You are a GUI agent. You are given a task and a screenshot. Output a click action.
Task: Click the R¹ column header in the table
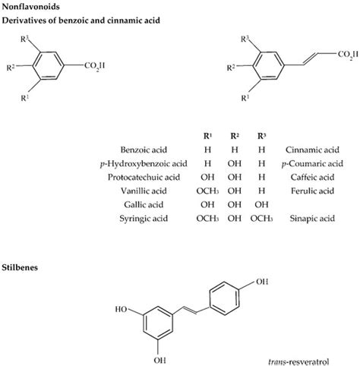pos(207,136)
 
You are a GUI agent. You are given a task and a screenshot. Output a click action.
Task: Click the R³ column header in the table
pos(262,136)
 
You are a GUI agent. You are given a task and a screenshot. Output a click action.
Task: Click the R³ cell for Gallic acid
pos(261,204)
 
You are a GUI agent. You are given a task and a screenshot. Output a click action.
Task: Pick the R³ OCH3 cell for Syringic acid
pos(262,218)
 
